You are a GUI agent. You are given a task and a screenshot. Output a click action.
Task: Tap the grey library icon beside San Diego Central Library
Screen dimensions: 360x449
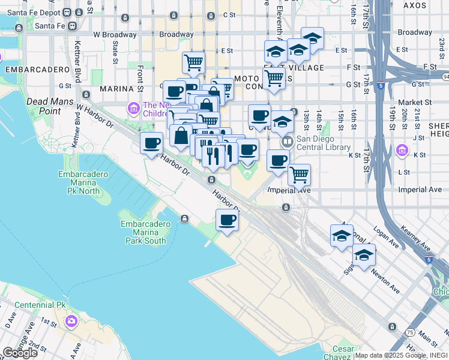click(287, 142)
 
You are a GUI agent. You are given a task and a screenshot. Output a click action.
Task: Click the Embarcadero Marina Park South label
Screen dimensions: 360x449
click(143, 232)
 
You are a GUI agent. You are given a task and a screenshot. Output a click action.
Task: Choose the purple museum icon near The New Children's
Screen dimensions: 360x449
click(133, 109)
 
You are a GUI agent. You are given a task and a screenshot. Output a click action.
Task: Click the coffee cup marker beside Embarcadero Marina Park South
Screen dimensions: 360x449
click(227, 220)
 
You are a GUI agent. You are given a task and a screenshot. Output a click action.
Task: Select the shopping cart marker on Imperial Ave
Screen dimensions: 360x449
click(299, 175)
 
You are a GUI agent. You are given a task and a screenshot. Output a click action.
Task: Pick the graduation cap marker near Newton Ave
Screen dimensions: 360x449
click(364, 254)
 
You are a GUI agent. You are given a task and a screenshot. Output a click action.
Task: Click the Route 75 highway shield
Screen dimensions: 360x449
click(409, 332)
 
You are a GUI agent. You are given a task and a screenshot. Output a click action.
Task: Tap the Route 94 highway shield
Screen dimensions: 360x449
click(445, 77)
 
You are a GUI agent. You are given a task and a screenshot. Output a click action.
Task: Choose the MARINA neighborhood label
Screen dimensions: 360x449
click(116, 89)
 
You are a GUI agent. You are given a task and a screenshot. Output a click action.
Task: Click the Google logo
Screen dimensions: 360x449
click(20, 352)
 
